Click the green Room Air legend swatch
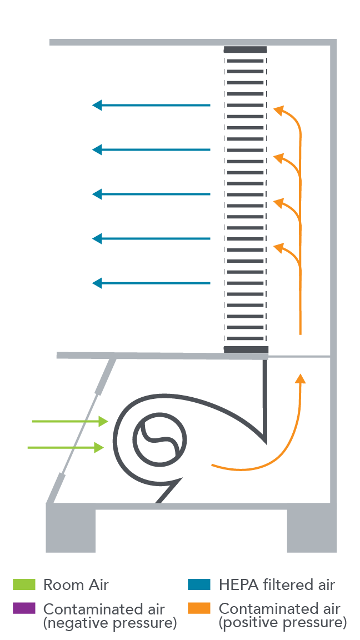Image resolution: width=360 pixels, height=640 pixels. [24, 584]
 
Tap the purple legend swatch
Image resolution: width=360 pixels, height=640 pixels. [24, 608]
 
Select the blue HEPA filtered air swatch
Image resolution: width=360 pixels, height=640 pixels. [199, 584]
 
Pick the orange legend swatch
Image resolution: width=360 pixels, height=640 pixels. [199, 608]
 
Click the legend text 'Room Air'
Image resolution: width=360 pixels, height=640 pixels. [76, 585]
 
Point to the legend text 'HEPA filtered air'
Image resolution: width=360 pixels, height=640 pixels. [277, 585]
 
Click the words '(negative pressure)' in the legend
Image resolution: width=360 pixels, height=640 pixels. [110, 623]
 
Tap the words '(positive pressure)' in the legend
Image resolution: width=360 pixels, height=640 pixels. [283, 623]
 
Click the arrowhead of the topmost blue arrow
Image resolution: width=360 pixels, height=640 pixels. [97, 105]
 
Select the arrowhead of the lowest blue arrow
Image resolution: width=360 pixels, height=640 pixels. [97, 283]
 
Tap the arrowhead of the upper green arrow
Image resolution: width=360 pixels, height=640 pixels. [103, 421]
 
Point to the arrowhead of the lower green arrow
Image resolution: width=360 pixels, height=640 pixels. [99, 447]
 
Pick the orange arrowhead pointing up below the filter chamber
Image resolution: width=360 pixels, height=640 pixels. [300, 378]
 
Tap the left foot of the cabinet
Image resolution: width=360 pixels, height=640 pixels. [71, 531]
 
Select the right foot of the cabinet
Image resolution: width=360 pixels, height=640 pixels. [312, 531]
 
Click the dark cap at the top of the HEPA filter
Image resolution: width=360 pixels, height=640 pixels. [245, 50]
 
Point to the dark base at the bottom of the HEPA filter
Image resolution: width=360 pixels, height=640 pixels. [246, 349]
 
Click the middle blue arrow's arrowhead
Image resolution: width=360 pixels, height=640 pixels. [97, 194]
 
